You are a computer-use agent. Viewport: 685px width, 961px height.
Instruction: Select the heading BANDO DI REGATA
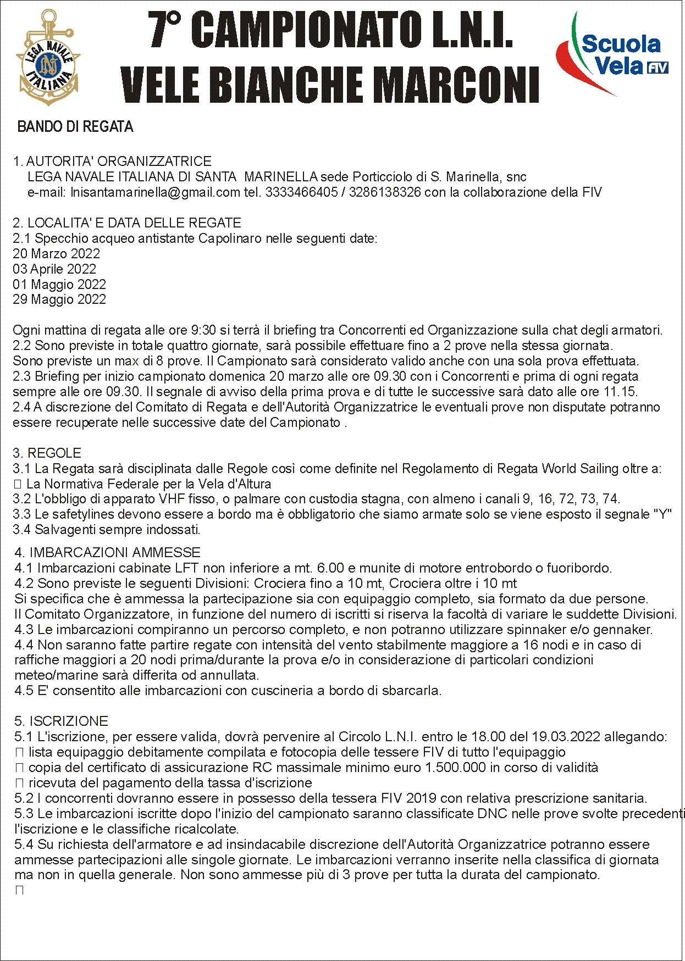75,127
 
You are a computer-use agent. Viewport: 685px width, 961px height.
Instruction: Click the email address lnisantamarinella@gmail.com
156,192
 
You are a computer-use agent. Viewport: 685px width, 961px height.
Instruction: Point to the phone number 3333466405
301,192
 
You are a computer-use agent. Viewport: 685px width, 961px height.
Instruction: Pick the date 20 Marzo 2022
57,254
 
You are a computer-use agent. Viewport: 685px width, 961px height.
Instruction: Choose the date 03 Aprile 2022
54,269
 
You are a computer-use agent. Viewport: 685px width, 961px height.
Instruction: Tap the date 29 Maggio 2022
59,299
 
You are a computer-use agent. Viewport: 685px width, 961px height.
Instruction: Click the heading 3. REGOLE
47,453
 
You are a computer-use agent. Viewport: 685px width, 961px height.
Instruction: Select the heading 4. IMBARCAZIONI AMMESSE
108,553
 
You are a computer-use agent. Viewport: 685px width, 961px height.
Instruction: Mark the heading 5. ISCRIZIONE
62,721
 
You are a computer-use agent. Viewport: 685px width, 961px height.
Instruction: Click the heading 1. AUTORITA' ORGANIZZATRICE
113,162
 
